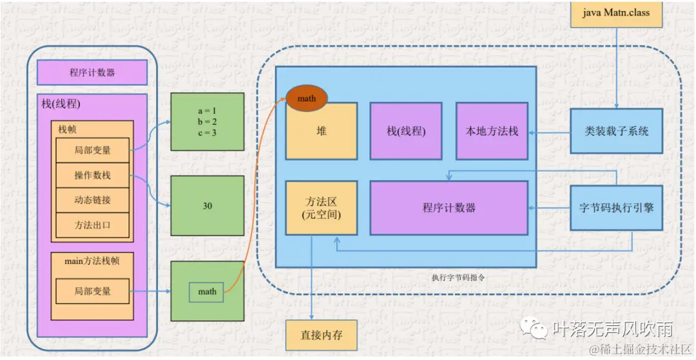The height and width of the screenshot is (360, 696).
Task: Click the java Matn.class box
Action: click(x=617, y=13)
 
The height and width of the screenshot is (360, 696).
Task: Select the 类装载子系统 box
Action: click(x=617, y=131)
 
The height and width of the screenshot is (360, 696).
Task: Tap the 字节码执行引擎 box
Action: click(x=617, y=207)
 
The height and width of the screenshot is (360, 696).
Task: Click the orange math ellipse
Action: click(x=307, y=99)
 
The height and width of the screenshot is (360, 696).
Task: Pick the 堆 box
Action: click(x=321, y=131)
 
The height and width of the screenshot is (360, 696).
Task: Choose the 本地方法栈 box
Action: click(x=491, y=131)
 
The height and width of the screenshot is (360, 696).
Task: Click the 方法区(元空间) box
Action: click(x=321, y=207)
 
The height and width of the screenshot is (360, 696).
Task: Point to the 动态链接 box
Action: click(x=92, y=200)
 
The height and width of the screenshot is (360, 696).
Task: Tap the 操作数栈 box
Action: click(x=92, y=175)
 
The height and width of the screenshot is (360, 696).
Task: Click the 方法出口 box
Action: click(x=92, y=225)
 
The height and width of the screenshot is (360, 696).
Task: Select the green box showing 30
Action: click(x=207, y=206)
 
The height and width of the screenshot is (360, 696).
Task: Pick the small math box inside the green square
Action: click(x=207, y=292)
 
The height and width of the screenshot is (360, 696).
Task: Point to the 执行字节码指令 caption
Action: click(x=458, y=278)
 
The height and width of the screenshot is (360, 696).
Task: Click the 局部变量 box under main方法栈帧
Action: click(x=92, y=291)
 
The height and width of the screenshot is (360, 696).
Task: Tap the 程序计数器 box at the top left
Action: click(x=92, y=73)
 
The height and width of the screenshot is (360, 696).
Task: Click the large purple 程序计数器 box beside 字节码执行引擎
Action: click(x=449, y=207)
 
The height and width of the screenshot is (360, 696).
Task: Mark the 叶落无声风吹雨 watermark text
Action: click(x=612, y=329)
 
